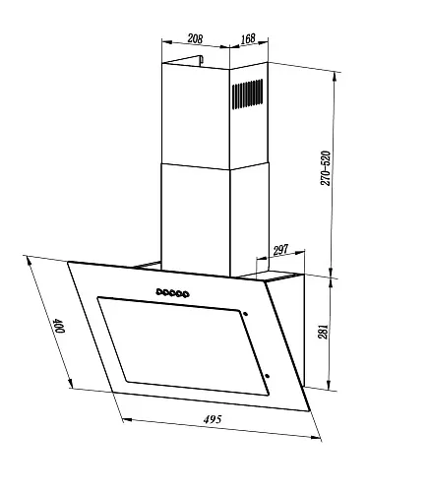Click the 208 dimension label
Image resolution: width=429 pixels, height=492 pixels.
pyautogui.click(x=195, y=38)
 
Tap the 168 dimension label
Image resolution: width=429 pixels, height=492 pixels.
pyautogui.click(x=248, y=38)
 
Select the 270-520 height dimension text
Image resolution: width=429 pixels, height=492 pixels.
pyautogui.click(x=326, y=168)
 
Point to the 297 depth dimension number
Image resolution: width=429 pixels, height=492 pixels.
pyautogui.click(x=280, y=250)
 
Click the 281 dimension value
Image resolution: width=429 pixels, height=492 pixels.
pyautogui.click(x=323, y=332)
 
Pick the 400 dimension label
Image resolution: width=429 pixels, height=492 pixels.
pyautogui.click(x=59, y=326)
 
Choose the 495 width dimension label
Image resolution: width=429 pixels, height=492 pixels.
pyautogui.click(x=213, y=419)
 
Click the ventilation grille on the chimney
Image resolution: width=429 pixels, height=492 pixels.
pyautogui.click(x=248, y=94)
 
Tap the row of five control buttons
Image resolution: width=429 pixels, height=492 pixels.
pyautogui.click(x=172, y=293)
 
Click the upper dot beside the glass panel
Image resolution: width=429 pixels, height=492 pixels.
pyautogui.click(x=245, y=314)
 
